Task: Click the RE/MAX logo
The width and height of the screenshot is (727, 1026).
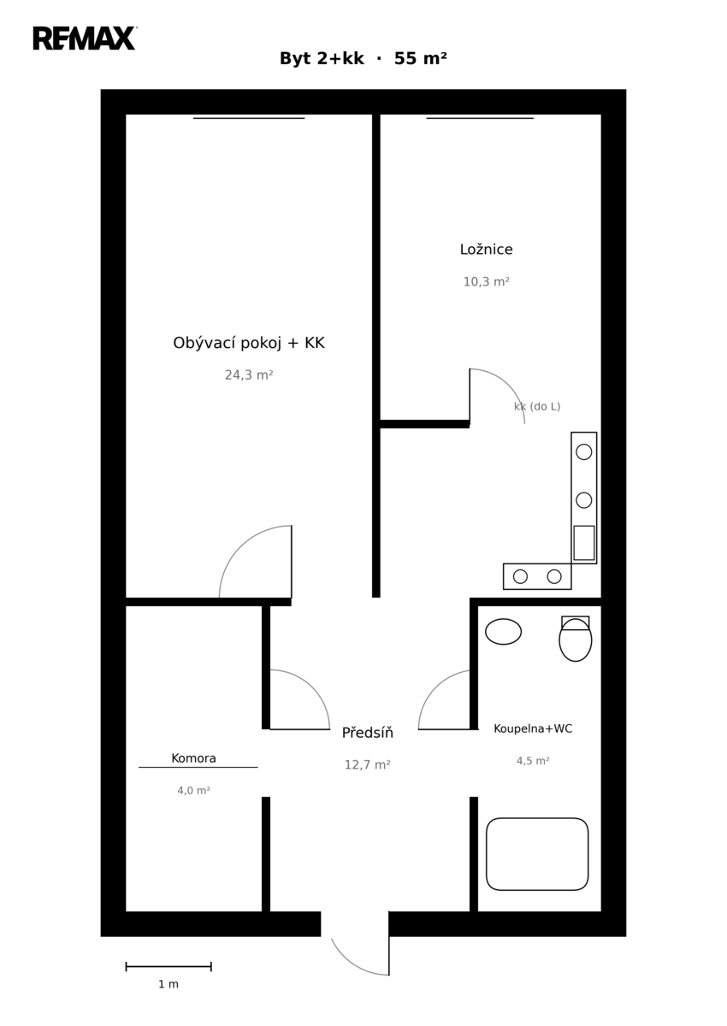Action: [x=85, y=38]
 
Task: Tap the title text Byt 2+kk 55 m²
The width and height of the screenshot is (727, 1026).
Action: [x=363, y=59]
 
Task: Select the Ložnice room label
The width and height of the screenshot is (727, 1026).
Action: [x=486, y=250]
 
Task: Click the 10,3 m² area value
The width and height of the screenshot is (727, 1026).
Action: [x=486, y=281]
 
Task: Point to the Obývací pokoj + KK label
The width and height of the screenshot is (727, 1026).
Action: [x=249, y=343]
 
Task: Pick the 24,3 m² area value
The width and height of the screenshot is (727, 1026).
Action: [x=249, y=375]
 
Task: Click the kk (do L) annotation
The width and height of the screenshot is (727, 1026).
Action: [x=537, y=406]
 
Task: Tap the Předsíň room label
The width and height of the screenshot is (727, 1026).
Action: [x=368, y=733]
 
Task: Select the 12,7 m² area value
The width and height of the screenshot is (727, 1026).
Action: [x=368, y=764]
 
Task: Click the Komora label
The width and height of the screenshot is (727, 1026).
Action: [x=193, y=758]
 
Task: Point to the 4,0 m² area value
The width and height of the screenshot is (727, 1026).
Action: [x=193, y=790]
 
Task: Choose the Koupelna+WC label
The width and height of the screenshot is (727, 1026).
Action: [x=533, y=728]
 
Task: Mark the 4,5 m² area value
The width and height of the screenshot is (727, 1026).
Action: [x=533, y=761]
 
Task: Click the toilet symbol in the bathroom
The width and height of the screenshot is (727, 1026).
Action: [x=576, y=639]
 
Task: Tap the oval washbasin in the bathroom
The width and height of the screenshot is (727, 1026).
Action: [x=503, y=632]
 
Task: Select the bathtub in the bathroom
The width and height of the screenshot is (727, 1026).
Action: [x=537, y=854]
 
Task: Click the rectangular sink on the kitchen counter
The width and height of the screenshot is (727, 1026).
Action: [x=584, y=543]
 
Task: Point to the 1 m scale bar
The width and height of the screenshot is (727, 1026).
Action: [x=168, y=966]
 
